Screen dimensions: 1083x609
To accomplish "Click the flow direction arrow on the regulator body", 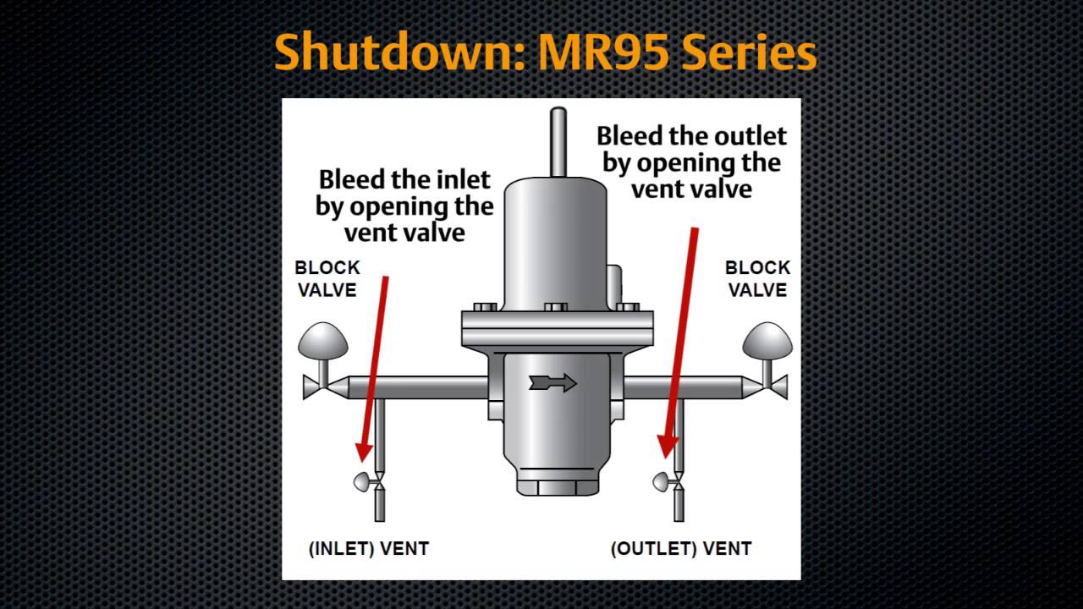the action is (552, 383).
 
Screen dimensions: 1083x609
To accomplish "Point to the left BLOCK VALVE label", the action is (327, 279).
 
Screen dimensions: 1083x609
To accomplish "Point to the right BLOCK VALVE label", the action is (757, 279).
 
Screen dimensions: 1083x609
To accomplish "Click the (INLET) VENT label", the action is (369, 549).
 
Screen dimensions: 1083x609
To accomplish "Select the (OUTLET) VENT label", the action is (681, 549).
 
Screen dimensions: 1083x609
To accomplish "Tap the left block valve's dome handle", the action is (323, 341).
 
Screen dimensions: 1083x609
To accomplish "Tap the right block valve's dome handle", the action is (767, 341).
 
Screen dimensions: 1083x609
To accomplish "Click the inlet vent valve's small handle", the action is (363, 482).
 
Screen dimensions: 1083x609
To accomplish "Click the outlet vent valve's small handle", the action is (662, 482).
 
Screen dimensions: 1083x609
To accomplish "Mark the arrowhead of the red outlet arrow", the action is (668, 447).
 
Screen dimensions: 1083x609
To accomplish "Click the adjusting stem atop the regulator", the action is (558, 141).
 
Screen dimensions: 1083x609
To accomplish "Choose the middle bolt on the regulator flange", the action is (556, 307).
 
